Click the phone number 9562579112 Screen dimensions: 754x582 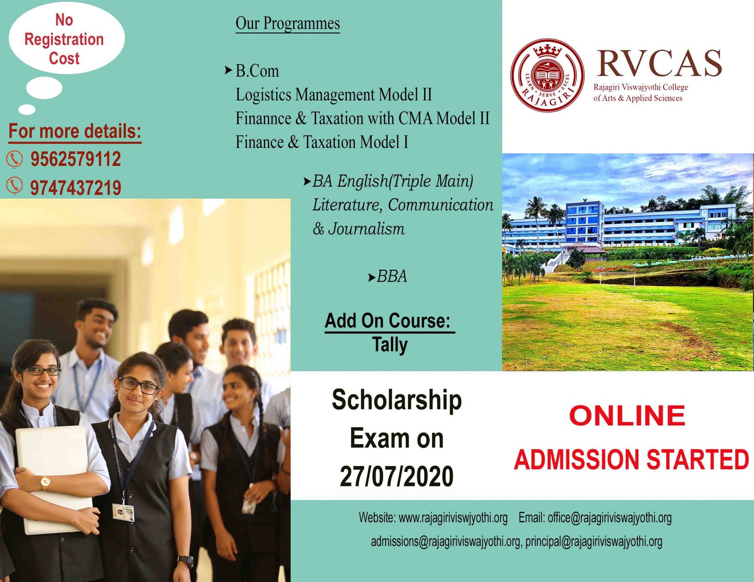[x=76, y=159]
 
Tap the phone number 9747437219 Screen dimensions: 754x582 [x=76, y=188]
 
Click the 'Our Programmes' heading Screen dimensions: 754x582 [x=287, y=24]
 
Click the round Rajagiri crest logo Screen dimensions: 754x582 [x=547, y=75]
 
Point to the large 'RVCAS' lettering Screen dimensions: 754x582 [x=659, y=63]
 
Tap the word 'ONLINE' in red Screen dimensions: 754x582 [x=627, y=416]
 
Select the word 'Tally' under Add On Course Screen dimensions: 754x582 [x=390, y=345]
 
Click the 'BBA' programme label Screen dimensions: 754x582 [x=392, y=276]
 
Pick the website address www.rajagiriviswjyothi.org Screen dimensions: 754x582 [x=453, y=518]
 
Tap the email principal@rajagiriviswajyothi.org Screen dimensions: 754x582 [x=594, y=542]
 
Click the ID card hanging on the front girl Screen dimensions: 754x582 [x=123, y=513]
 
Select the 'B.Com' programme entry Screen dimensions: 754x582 [x=257, y=71]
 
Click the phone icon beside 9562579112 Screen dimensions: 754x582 [x=15, y=160]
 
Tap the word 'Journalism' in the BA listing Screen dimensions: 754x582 [x=366, y=229]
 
